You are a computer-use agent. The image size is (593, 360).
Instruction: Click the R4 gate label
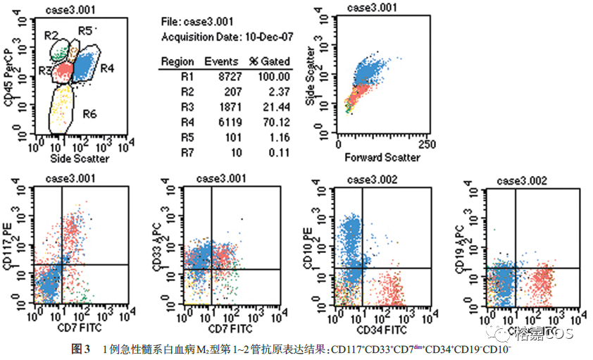107,68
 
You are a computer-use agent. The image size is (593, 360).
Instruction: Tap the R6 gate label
90,113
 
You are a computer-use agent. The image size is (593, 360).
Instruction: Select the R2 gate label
51,35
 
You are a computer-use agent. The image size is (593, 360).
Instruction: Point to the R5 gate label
85,30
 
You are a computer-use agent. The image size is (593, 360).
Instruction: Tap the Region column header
177,61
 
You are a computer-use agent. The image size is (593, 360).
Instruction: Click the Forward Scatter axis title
382,158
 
